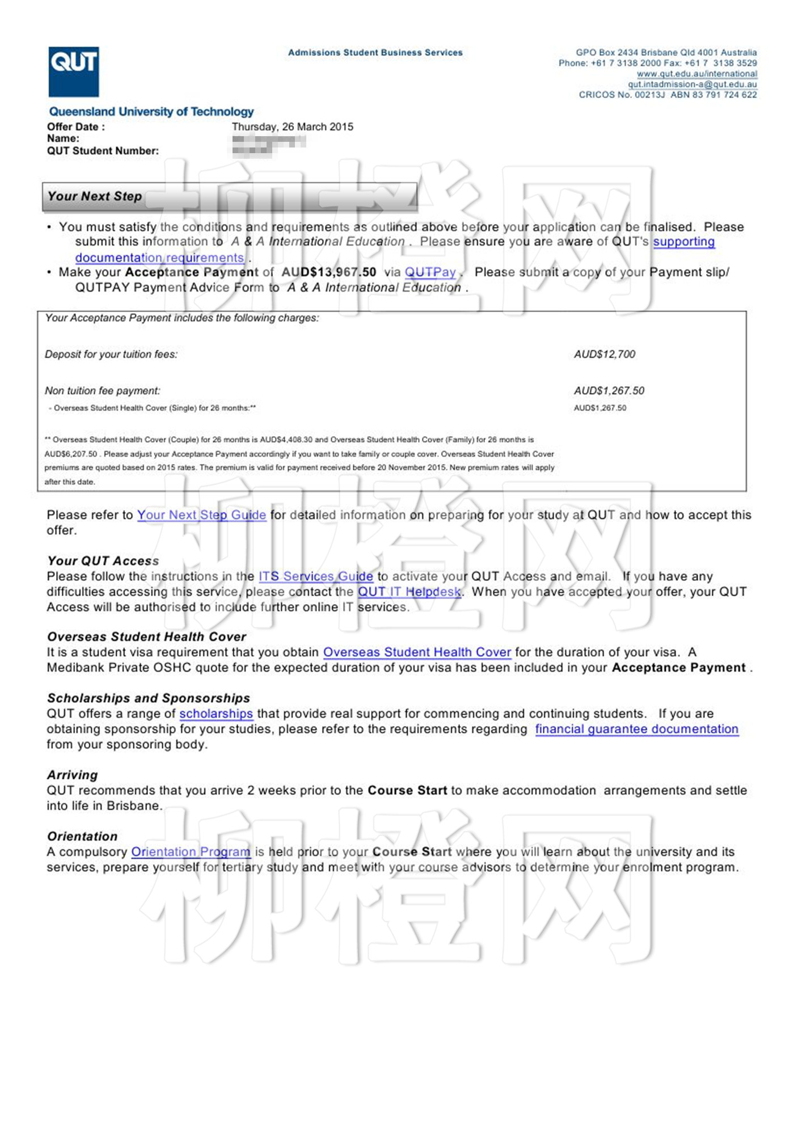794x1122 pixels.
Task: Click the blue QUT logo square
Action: pos(74,71)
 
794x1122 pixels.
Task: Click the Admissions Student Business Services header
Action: pos(375,53)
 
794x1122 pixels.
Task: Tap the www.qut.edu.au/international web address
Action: pos(696,74)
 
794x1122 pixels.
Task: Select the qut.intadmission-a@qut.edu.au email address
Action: pos(692,85)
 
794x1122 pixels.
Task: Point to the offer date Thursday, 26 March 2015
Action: pos(292,126)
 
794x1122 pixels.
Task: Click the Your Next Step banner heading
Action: pos(95,196)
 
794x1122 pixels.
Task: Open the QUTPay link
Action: pos(430,272)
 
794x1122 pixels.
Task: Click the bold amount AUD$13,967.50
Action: pos(329,272)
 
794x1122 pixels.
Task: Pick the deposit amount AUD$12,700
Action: pos(605,355)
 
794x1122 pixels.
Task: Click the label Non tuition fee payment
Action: pos(103,391)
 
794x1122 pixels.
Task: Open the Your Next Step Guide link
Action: pos(201,515)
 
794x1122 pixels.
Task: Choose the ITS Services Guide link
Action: pos(316,576)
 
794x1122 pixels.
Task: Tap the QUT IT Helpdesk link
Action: pos(409,592)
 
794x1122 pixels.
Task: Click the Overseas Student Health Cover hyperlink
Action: pos(417,652)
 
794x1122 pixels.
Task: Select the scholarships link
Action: pos(216,714)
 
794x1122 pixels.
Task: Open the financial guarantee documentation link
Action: pos(636,729)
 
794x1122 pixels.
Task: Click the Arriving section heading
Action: pos(73,775)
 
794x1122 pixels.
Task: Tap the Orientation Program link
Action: pos(191,852)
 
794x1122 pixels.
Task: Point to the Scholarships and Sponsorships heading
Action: pos(149,698)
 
